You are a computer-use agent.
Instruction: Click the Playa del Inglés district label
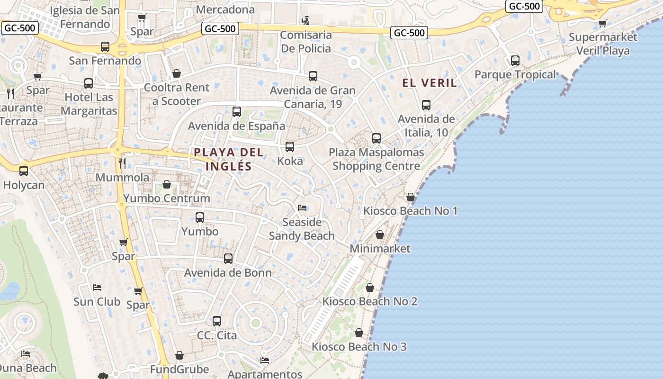click(229, 159)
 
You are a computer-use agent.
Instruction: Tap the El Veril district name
click(430, 83)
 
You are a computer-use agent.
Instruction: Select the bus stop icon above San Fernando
click(105, 47)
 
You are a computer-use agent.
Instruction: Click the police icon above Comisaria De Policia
click(306, 21)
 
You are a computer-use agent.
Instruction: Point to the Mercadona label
click(225, 9)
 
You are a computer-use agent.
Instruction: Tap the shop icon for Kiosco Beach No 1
click(411, 197)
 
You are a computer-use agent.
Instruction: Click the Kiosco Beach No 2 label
click(370, 301)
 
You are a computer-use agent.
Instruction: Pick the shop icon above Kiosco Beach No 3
click(359, 333)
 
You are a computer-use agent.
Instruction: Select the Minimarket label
click(380, 248)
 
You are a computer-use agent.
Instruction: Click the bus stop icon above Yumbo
click(200, 217)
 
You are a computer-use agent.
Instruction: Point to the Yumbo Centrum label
click(167, 198)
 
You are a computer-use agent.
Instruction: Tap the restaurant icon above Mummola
click(122, 163)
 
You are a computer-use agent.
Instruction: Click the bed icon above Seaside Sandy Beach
click(302, 208)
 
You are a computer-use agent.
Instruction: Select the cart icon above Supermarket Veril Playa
click(602, 23)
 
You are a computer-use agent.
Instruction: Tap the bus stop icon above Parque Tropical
click(515, 61)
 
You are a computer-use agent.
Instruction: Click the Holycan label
click(24, 185)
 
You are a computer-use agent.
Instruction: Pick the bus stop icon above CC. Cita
click(217, 321)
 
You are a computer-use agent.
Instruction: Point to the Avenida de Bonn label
click(228, 272)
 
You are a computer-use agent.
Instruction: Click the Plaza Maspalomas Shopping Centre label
click(376, 159)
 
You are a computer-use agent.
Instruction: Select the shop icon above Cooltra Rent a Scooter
click(177, 73)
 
